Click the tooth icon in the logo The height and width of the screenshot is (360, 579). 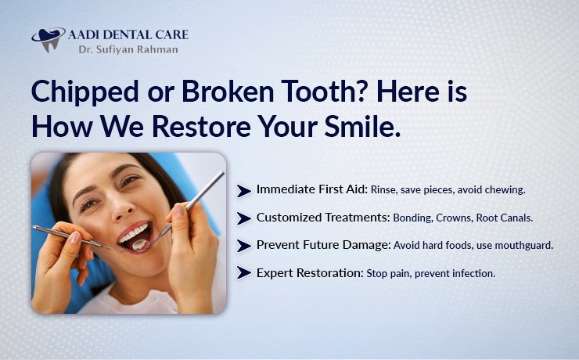point(49,38)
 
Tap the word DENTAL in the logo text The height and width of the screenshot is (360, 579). point(133,34)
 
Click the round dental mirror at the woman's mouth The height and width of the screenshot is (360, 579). point(142,244)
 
